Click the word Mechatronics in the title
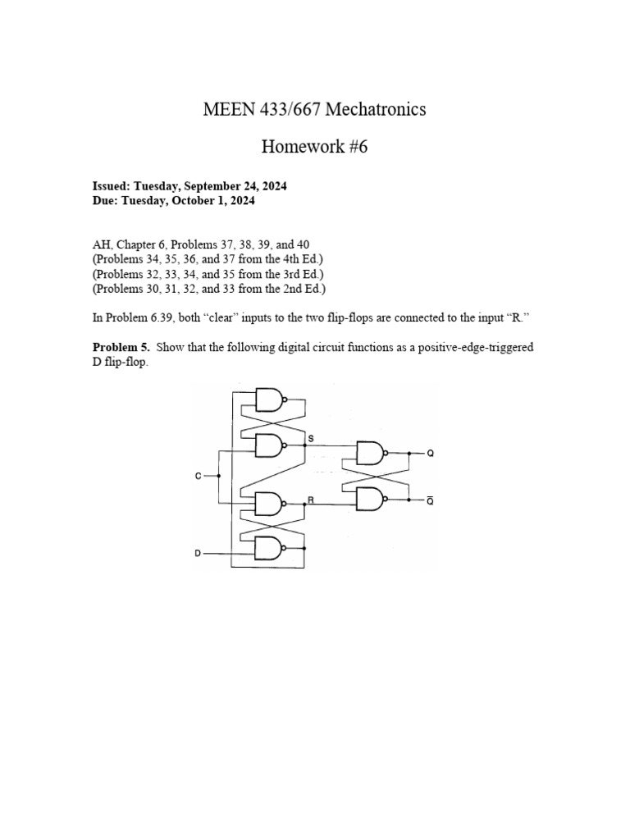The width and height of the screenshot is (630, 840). pyautogui.click(x=376, y=109)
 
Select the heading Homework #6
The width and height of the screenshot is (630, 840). pyautogui.click(x=315, y=147)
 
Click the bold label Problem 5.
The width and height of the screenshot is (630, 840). pyautogui.click(x=121, y=347)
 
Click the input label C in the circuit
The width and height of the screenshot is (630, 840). pyautogui.click(x=199, y=476)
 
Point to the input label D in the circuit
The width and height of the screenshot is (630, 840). pyautogui.click(x=198, y=554)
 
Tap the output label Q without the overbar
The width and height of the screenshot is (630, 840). pyautogui.click(x=431, y=453)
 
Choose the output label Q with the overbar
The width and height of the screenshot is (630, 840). pyautogui.click(x=431, y=499)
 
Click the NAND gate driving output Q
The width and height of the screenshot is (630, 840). pyautogui.click(x=371, y=452)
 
